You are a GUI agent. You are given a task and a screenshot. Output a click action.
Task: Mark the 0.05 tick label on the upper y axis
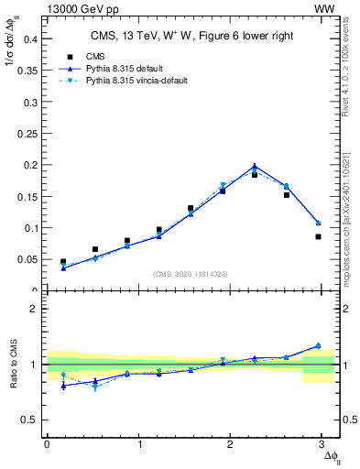click(27, 260)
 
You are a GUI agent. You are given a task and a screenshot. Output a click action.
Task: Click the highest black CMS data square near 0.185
click(255, 174)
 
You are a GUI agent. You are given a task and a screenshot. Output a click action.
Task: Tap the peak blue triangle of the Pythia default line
click(255, 167)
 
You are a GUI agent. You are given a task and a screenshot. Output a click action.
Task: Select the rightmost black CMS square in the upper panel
click(318, 236)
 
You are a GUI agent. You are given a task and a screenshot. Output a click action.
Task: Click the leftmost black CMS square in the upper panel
click(63, 262)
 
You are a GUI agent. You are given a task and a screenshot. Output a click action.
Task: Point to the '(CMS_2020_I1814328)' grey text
click(191, 275)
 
